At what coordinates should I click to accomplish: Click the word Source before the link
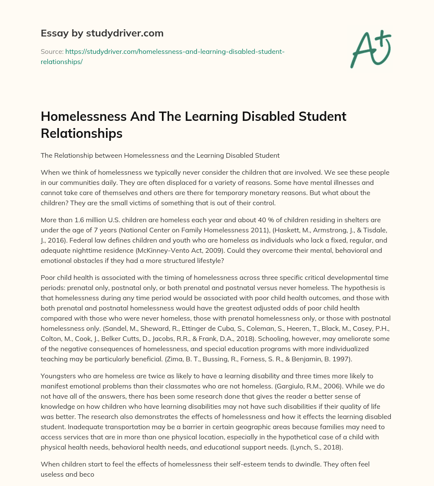point(51,51)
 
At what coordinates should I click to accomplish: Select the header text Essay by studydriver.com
point(102,33)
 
